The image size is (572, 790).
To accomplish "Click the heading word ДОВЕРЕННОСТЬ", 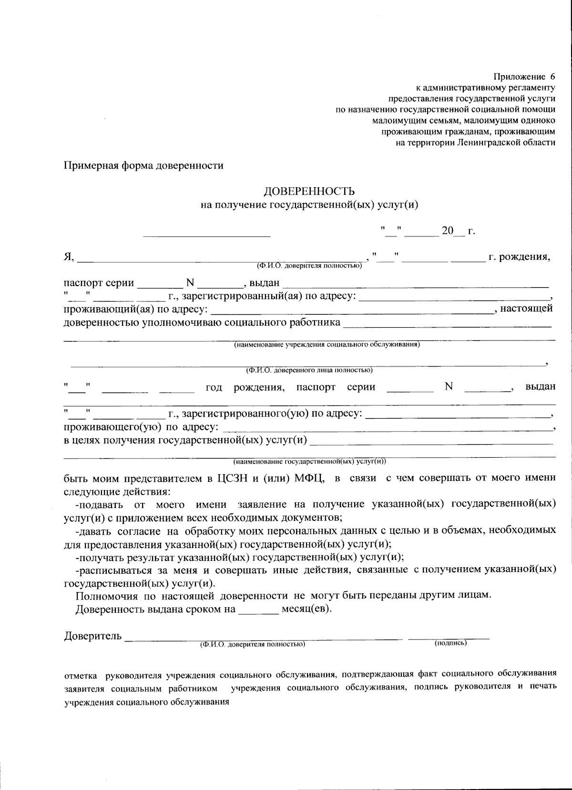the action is click(309, 191).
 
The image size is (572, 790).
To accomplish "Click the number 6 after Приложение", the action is click(552, 76).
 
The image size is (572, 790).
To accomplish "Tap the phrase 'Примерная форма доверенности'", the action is click(143, 166).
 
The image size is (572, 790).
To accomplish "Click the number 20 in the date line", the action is click(448, 231).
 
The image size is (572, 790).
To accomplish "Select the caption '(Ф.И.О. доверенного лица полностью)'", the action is click(309, 370).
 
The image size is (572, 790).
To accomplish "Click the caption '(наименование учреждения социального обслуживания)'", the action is click(327, 344).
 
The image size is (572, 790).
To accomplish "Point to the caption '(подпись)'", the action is click(450, 643).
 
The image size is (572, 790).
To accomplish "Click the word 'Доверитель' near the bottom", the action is click(93, 636).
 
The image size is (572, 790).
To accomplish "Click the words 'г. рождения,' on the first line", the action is click(519, 257).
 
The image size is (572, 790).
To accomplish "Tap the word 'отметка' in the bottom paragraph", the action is click(81, 675).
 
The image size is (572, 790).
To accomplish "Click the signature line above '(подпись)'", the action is click(449, 637).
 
